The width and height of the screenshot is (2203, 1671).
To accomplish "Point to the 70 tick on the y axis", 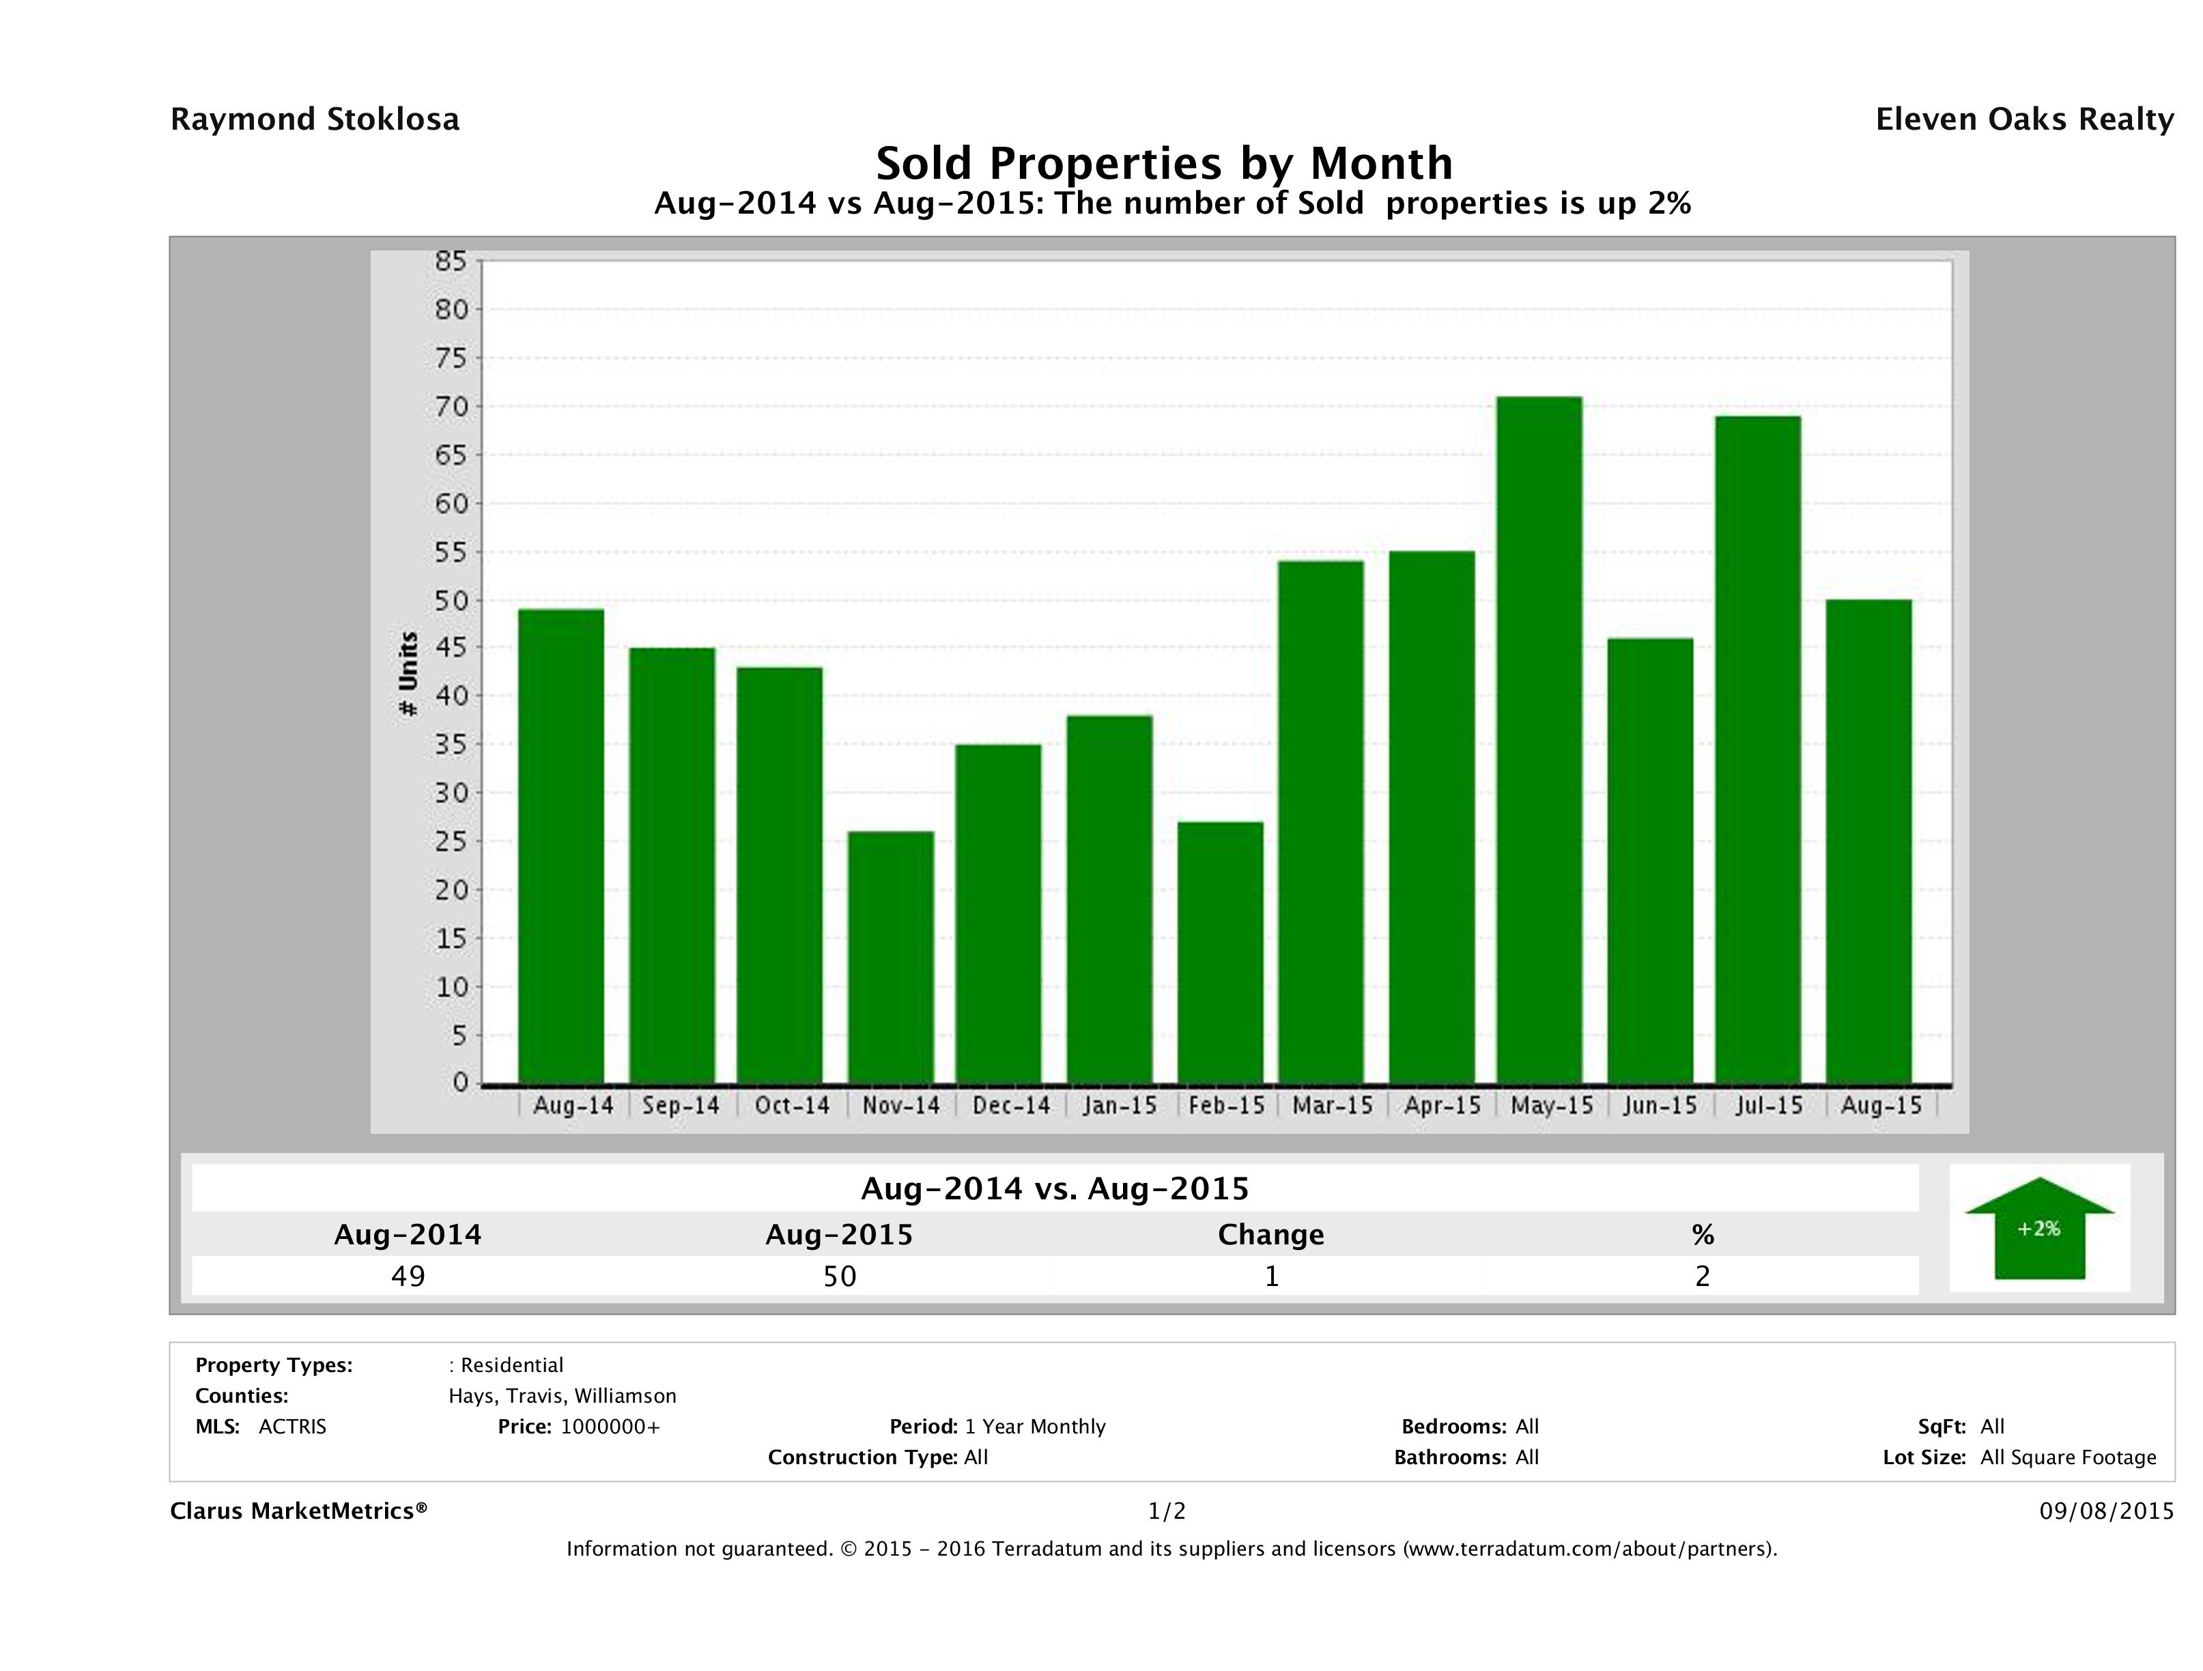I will coord(450,406).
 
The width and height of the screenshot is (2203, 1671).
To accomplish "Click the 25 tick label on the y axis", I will coord(450,842).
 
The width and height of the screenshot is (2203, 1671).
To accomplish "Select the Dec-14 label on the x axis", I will coord(1011,1105).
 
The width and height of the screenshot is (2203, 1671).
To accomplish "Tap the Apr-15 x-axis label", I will coord(1442,1105).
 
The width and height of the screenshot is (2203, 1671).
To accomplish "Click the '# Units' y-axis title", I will coord(408,674).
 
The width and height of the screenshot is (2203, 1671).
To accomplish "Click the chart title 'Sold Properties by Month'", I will coord(1163,162).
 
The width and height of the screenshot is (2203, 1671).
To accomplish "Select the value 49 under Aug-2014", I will coord(408,1276).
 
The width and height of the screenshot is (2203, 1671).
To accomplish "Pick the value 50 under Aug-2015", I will coord(840,1276).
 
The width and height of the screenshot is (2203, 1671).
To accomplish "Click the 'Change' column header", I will coord(1271,1235).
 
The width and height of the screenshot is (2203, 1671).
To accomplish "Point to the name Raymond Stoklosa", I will coord(315,119).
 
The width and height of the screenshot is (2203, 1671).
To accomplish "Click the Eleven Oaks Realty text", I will coord(2023,119).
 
